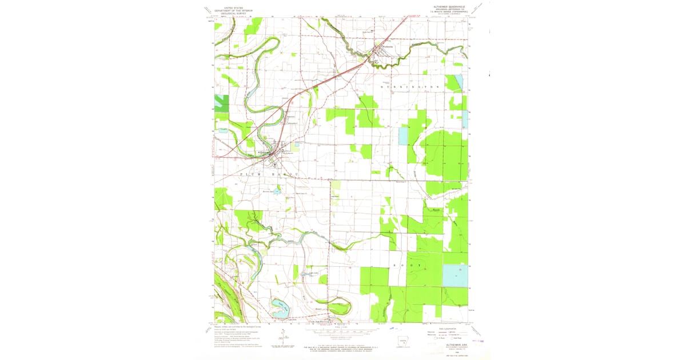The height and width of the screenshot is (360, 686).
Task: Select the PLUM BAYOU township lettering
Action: click(269, 173)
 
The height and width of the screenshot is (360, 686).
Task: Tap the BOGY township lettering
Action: click(408, 266)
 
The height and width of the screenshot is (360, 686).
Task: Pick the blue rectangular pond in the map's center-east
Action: click(403, 136)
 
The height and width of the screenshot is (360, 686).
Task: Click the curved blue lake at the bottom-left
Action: click(280, 308)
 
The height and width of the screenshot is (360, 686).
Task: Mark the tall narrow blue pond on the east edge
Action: click(458, 83)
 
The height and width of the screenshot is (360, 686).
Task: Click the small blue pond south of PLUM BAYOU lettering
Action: click(277, 191)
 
